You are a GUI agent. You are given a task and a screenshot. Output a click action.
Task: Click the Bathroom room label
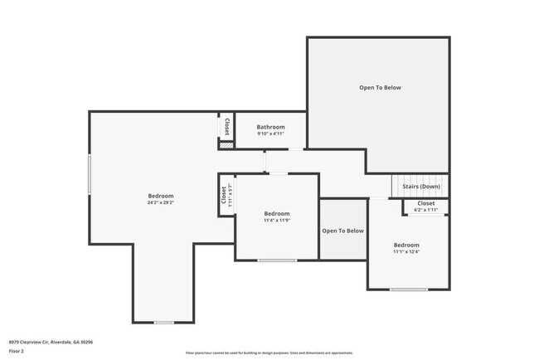tap(270, 127)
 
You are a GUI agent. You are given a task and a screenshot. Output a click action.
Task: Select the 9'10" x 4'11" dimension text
tap(270, 134)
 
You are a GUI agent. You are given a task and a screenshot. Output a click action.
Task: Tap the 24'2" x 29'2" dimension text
tap(160, 202)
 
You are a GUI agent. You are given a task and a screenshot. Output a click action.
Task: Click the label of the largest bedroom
tap(160, 196)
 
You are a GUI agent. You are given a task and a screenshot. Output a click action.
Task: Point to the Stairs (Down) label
tap(421, 187)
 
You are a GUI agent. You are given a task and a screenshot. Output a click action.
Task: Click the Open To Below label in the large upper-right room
tap(380, 87)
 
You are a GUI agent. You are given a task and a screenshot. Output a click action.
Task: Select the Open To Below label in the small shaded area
tap(342, 231)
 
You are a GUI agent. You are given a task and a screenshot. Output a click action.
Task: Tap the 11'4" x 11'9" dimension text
tap(276, 221)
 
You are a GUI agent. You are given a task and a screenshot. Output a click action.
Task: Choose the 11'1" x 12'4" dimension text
tap(406, 252)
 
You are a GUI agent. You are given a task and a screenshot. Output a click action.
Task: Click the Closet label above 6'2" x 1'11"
tap(426, 203)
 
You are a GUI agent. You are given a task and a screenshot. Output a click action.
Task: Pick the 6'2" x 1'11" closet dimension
tap(426, 210)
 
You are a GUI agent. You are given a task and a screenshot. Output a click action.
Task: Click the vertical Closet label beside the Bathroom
tap(226, 126)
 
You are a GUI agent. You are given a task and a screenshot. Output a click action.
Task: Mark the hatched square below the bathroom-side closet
tap(226, 145)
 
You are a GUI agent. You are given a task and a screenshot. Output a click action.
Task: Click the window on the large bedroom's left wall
tap(90, 174)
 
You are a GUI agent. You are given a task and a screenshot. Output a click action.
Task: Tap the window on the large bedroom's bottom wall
tap(163, 323)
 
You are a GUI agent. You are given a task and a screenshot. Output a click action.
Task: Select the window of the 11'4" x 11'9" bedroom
tap(276, 260)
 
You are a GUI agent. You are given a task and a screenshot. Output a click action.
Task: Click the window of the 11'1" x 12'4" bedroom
tap(409, 289)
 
